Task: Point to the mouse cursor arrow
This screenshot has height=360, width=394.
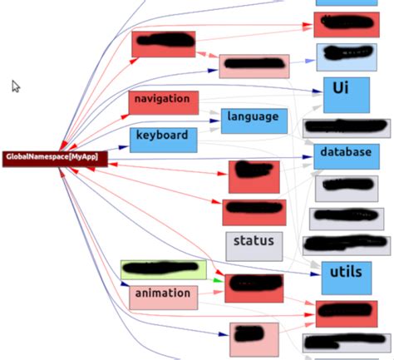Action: pyautogui.click(x=16, y=86)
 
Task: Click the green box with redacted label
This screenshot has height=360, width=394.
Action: pyautogui.click(x=163, y=269)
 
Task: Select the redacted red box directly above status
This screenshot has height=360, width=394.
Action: pyautogui.click(x=254, y=212)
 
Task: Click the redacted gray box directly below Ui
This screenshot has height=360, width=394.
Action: pyautogui.click(x=346, y=127)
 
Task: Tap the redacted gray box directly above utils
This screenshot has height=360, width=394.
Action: pyautogui.click(x=346, y=244)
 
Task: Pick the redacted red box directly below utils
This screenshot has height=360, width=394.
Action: pyautogui.click(x=346, y=313)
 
